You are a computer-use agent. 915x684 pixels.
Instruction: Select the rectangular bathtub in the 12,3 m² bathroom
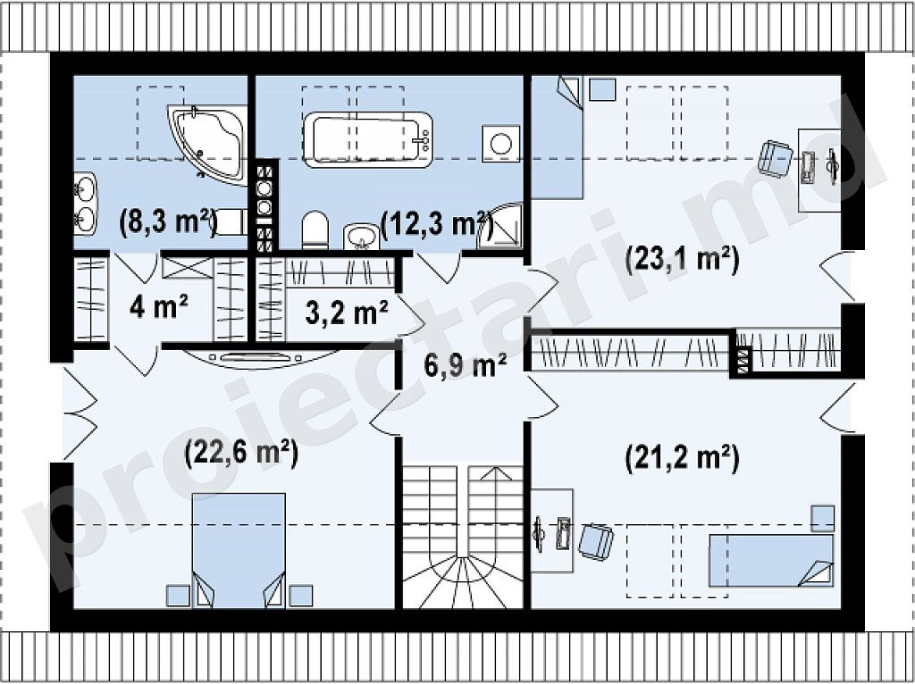click(368, 139)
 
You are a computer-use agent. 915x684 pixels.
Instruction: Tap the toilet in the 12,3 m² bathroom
click(315, 230)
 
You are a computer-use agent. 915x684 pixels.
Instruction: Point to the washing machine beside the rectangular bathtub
click(500, 144)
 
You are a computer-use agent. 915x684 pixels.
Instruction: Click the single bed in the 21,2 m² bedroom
click(771, 561)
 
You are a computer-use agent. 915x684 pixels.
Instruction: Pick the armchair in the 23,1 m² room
click(775, 158)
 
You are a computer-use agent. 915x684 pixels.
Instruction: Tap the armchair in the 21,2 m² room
click(596, 542)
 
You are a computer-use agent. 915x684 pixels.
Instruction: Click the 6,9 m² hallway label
click(465, 366)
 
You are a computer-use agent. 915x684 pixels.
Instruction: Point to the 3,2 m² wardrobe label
click(347, 313)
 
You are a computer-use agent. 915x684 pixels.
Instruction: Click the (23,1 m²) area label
click(682, 260)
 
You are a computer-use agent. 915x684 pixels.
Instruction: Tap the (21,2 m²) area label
click(682, 458)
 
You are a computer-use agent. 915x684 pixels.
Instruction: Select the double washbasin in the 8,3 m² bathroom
click(85, 204)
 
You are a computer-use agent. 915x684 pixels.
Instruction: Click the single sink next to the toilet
click(362, 237)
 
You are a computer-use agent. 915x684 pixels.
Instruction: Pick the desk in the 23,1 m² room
click(819, 170)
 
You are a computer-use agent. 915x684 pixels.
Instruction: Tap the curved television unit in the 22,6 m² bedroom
click(262, 359)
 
